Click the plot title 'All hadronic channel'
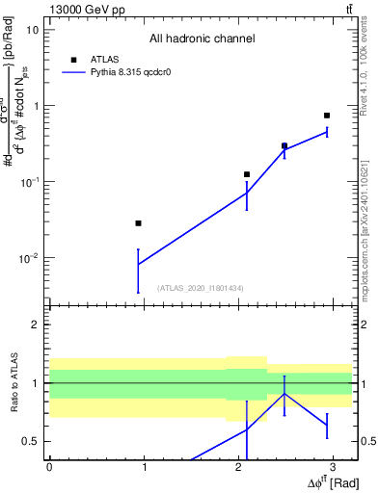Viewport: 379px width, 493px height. [x=202, y=39]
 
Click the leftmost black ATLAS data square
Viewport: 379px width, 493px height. [x=139, y=223]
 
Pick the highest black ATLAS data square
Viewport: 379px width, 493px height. [x=327, y=116]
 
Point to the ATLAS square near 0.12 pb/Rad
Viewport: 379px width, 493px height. [x=247, y=174]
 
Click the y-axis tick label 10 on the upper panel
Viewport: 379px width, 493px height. [x=32, y=29]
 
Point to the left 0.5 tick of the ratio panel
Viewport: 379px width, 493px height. [x=31, y=441]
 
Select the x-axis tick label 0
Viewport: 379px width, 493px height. [x=49, y=467]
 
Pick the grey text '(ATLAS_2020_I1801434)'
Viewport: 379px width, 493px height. [x=201, y=288]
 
